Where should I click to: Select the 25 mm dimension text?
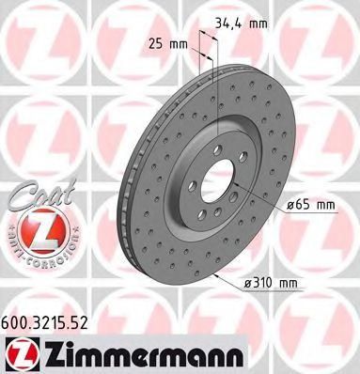tap(166, 42)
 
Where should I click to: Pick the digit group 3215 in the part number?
tap(53, 321)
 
